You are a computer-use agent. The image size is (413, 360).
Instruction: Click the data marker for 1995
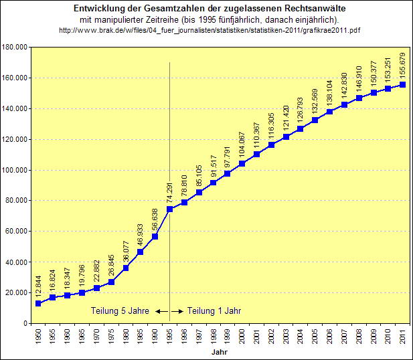[x=169, y=209]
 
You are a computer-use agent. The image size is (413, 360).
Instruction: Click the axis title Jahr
[x=220, y=352]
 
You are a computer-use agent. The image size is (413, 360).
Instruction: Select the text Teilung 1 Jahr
[x=214, y=310]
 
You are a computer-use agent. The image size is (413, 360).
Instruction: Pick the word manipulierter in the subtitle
[x=159, y=20]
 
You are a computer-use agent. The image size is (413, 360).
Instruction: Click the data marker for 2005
[x=314, y=120]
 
